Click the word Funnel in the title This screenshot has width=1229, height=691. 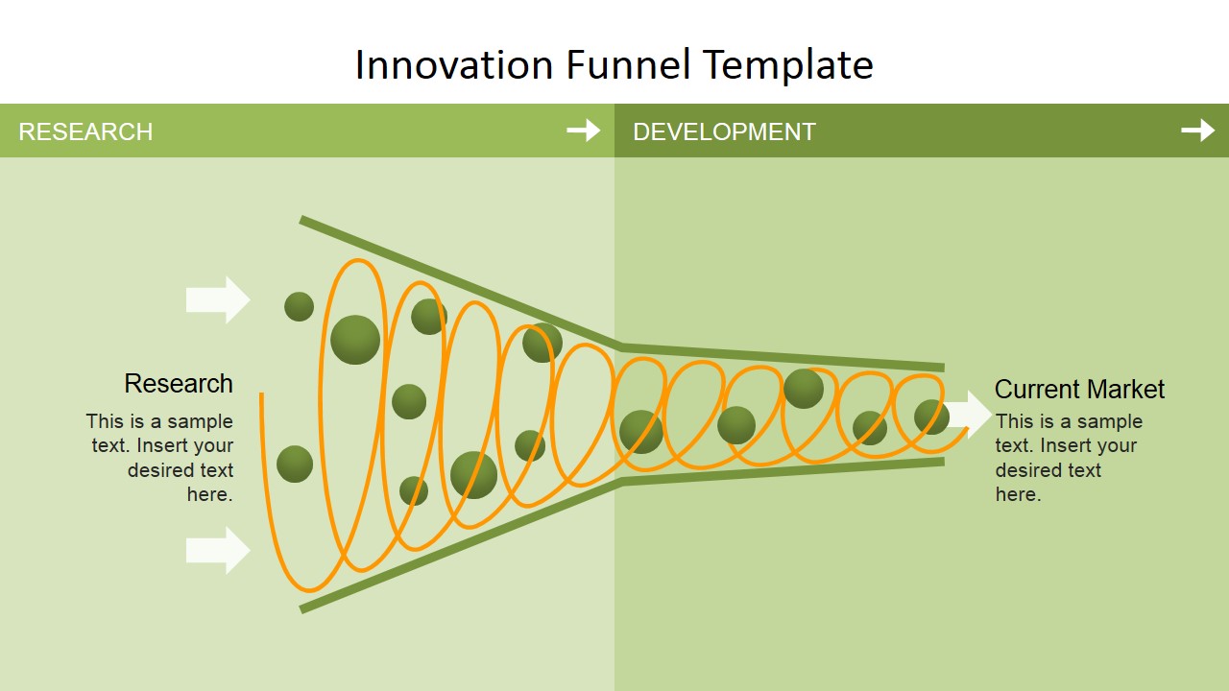coord(628,64)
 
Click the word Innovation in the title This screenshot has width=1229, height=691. coord(454,64)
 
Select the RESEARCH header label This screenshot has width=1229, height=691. coord(85,131)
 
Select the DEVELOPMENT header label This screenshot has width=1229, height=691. coord(724,131)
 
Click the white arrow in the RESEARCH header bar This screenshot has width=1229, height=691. coord(583,131)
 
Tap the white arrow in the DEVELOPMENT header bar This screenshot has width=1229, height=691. coord(1197,131)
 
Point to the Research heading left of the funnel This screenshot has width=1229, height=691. coord(179,383)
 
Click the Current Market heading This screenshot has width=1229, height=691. coord(1079,389)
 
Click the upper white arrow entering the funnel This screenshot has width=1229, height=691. coord(218,300)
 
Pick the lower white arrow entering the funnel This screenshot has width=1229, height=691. coord(218,551)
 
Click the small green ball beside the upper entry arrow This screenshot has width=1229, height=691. coord(299,306)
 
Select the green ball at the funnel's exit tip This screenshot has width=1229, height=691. coord(931,417)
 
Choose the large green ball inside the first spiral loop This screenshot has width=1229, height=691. coord(355,340)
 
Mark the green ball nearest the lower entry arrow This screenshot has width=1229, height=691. coord(295,464)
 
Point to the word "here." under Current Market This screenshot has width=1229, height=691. coord(1018,494)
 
